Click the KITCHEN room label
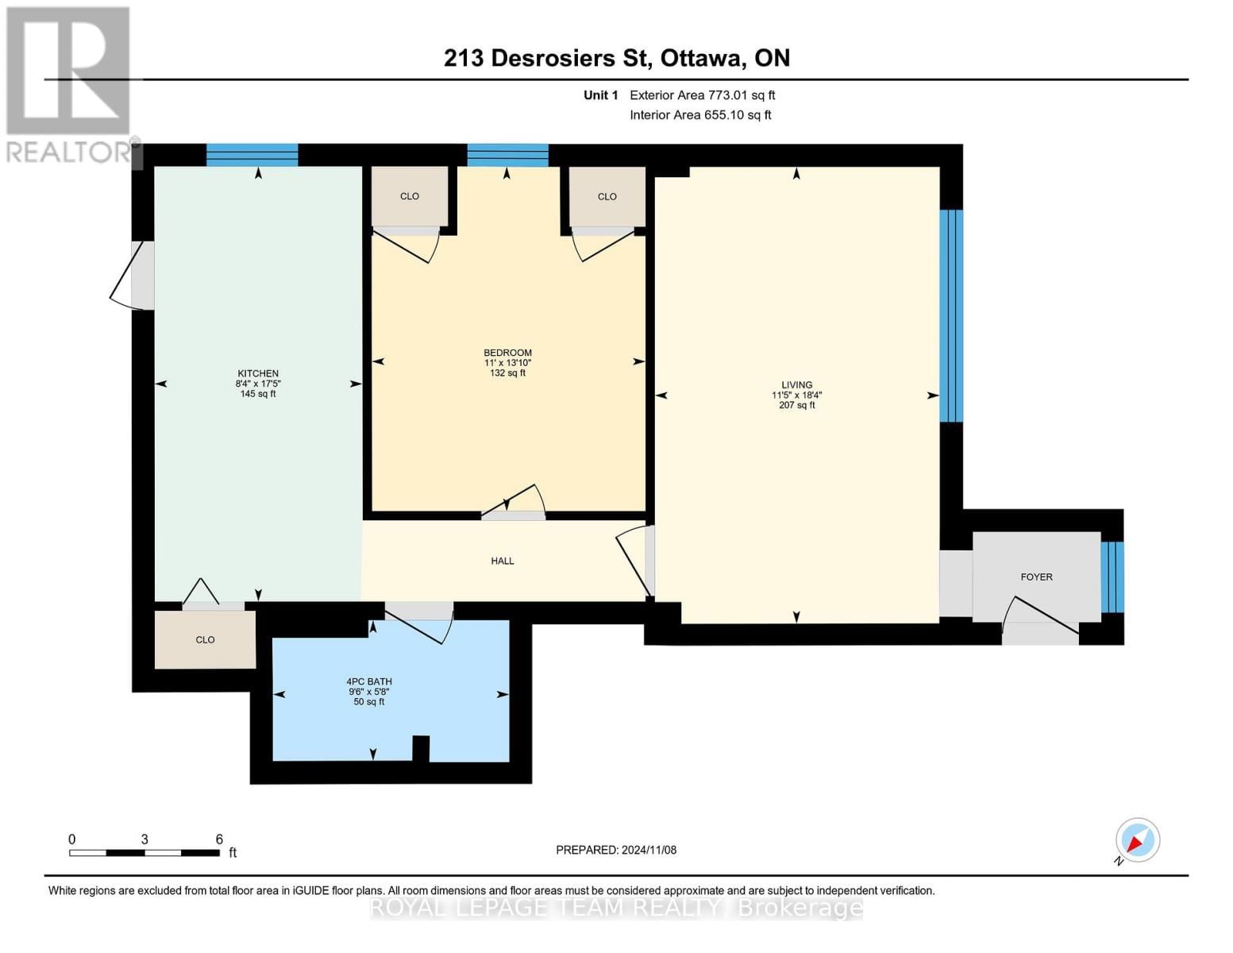(x=258, y=373)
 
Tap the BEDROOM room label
(x=507, y=353)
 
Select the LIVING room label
(x=796, y=384)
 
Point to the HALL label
(x=502, y=561)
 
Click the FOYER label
(x=1036, y=577)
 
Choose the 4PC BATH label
(x=369, y=681)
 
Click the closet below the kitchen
(x=205, y=639)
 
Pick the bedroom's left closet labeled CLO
(x=410, y=196)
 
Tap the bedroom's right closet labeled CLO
(x=607, y=196)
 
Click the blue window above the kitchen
(x=252, y=155)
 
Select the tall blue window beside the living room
(x=951, y=315)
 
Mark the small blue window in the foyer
(x=1112, y=577)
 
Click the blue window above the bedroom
(x=507, y=155)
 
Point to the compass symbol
(x=1137, y=840)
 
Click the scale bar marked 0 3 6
(x=144, y=852)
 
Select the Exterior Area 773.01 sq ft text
(x=702, y=95)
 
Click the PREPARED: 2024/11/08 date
(x=616, y=850)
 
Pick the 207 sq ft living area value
(x=796, y=405)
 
